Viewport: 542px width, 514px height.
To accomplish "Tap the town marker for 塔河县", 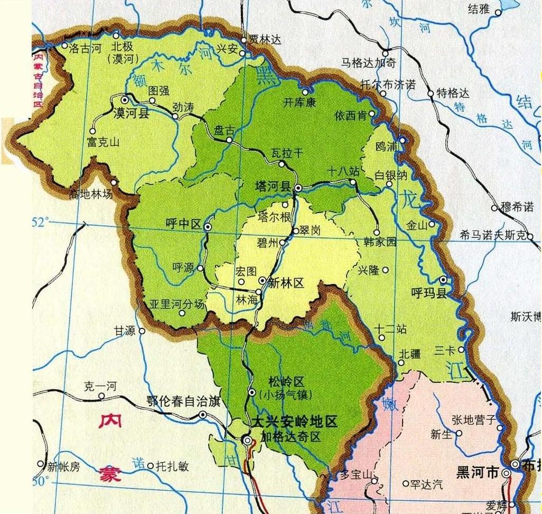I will click(298, 188).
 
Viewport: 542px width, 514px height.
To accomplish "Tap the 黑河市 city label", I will click(478, 473).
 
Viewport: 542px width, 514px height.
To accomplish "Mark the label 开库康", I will click(299, 103).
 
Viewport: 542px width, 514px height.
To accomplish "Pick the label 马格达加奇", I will click(368, 63).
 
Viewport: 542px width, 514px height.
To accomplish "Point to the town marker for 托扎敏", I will click(150, 466).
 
